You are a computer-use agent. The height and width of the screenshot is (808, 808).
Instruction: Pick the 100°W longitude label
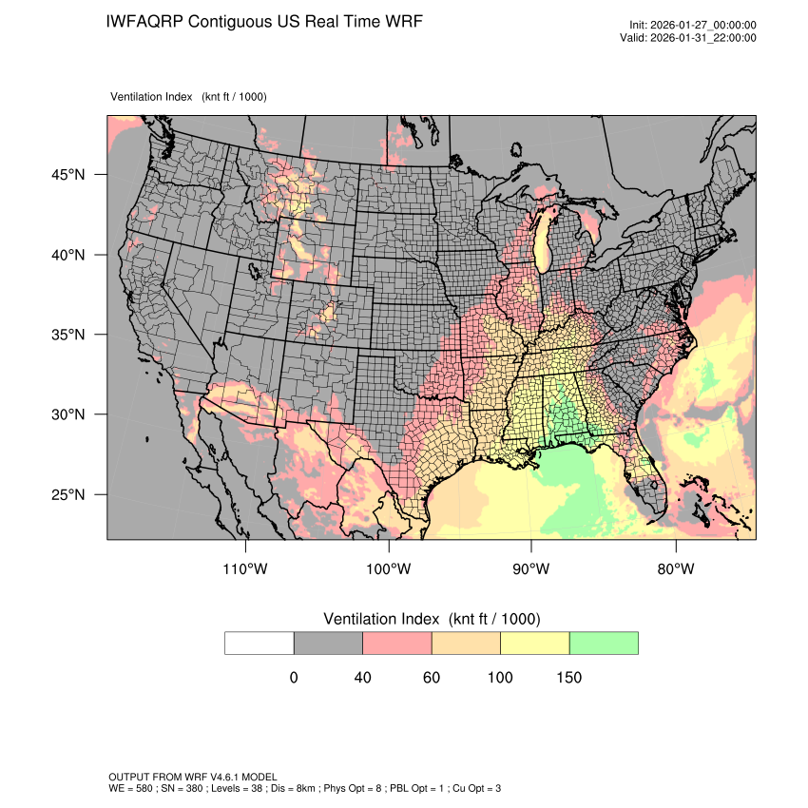(389, 569)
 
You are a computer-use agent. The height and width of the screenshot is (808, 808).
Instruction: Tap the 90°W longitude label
(531, 569)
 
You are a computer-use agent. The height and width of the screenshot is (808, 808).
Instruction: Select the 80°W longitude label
(675, 569)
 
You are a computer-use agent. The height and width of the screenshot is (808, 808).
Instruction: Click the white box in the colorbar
(260, 643)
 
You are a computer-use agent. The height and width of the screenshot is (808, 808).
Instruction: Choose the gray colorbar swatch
(328, 643)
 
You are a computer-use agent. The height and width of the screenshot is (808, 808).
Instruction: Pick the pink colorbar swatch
(397, 643)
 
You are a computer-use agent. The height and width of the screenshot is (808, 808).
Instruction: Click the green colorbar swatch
(604, 643)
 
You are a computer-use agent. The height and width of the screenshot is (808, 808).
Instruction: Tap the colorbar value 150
(568, 678)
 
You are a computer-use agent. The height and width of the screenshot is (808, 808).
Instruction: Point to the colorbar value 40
(362, 678)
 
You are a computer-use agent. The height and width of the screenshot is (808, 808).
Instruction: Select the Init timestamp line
(693, 25)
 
